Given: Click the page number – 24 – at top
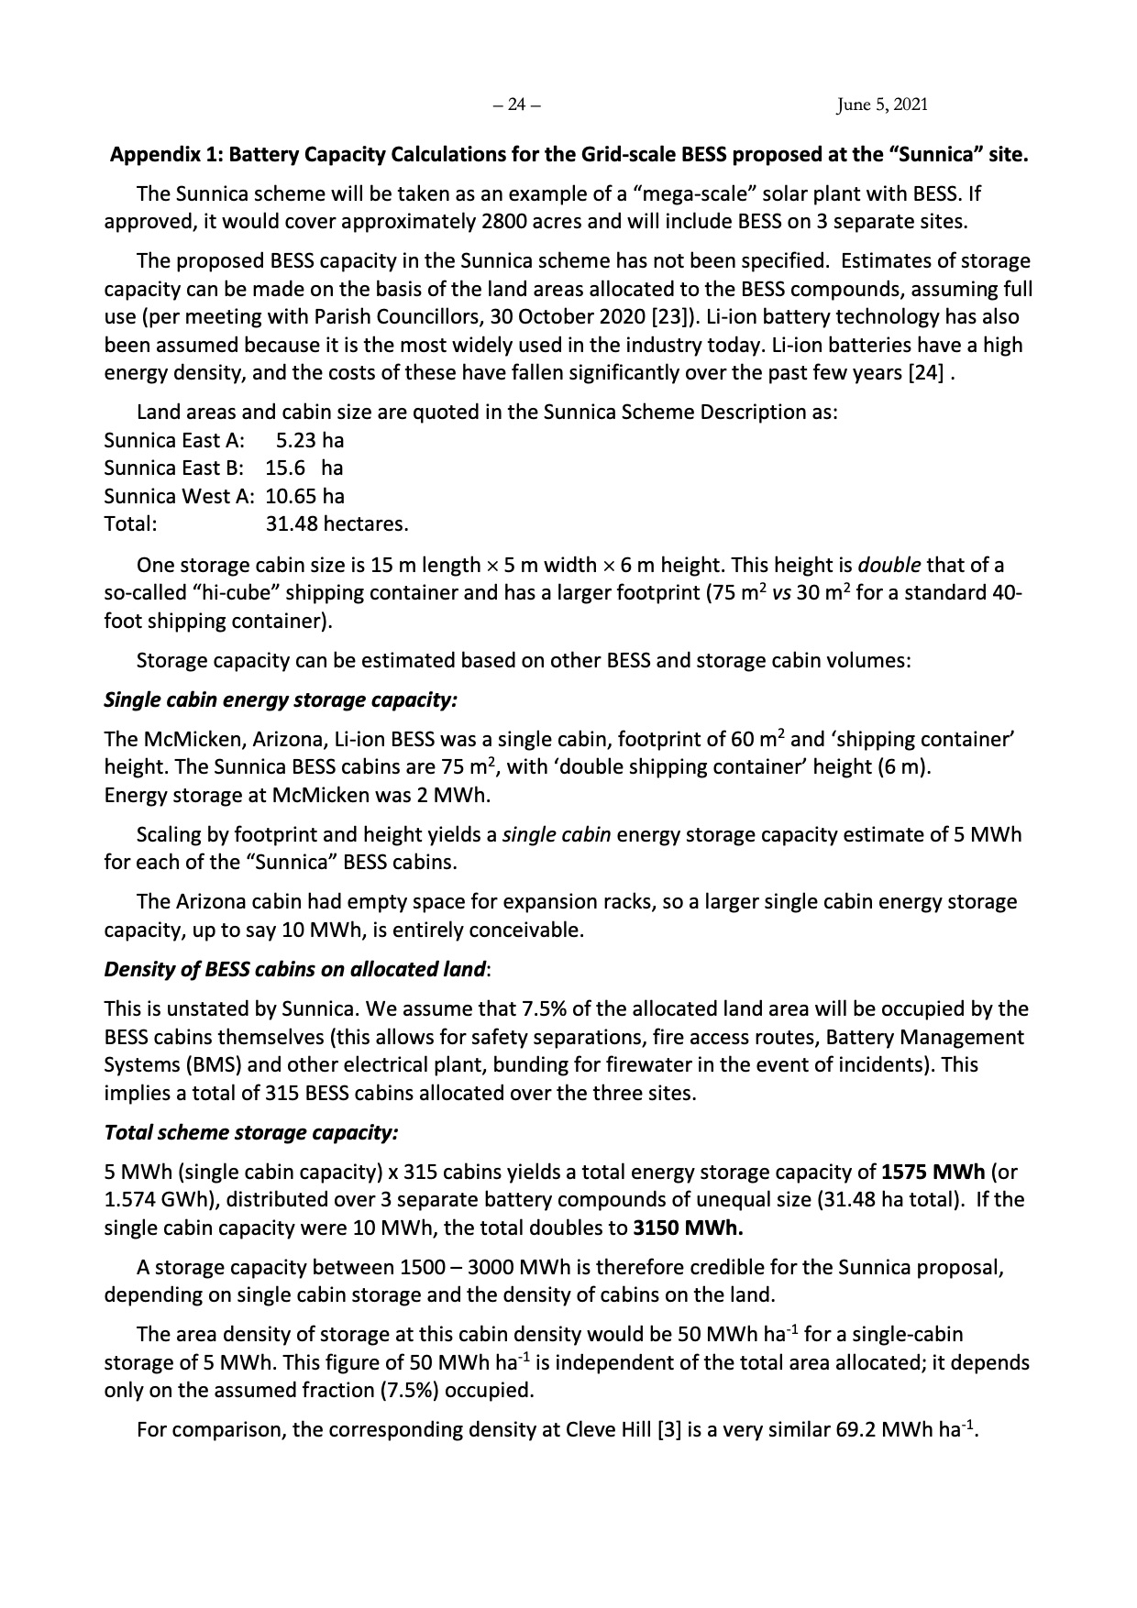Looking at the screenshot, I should click(516, 105).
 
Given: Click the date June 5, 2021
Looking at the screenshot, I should click(882, 105).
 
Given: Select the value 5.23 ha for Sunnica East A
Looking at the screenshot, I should click(310, 440).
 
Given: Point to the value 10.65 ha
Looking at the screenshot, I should click(304, 496).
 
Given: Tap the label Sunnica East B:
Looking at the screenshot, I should click(173, 468).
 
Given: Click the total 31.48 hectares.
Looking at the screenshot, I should click(337, 524).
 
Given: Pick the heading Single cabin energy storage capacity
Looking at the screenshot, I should click(281, 699).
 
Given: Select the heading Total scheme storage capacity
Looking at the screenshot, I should click(251, 1132).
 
